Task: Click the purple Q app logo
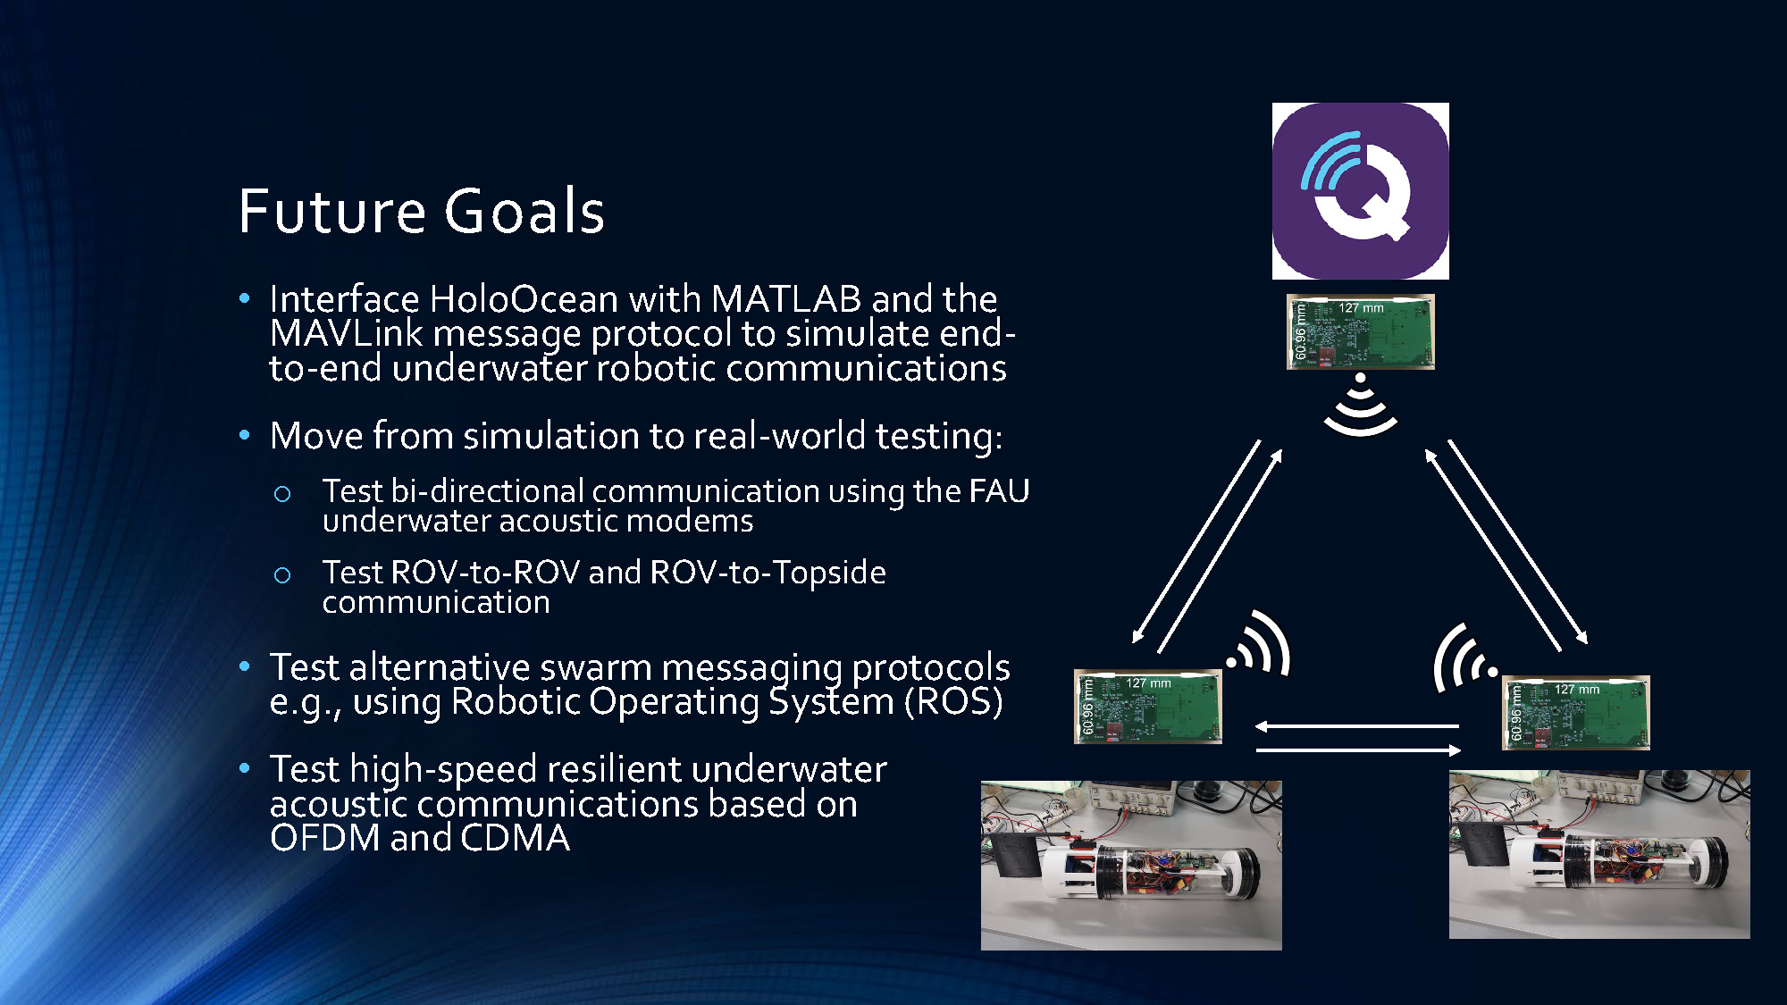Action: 1360,190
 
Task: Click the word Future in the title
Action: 331,212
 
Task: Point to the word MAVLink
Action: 346,334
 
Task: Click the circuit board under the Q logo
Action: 1360,331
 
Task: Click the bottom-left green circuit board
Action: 1147,707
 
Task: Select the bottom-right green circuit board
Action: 1576,713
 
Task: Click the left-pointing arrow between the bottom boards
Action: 1356,726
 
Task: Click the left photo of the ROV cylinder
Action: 1131,865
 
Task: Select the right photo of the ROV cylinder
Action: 1599,854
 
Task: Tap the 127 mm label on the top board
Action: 1361,308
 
